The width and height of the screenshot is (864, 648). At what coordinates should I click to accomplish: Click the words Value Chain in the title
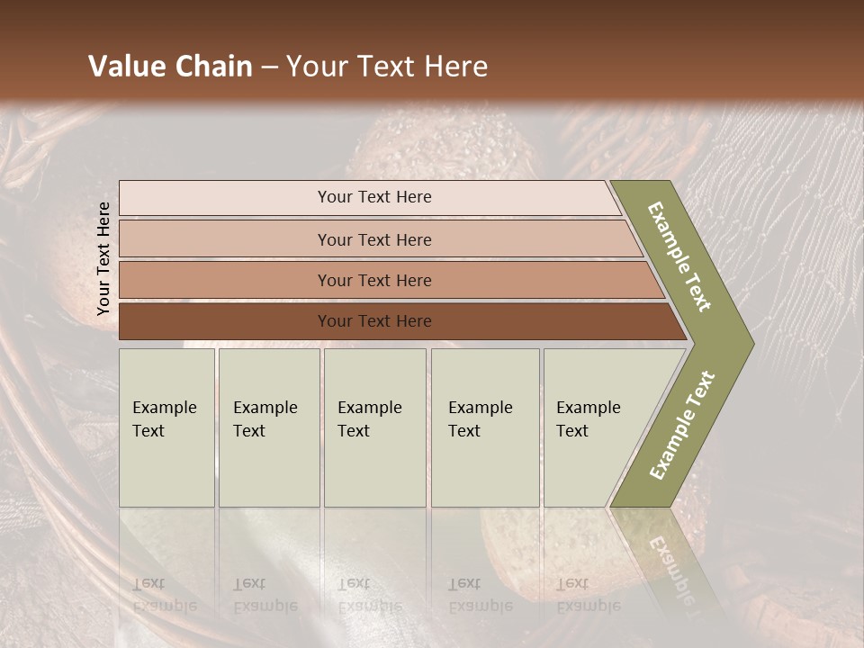(x=170, y=67)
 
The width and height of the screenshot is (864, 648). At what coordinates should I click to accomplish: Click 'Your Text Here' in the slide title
(x=387, y=67)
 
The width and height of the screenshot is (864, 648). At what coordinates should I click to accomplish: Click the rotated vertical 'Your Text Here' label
(x=103, y=259)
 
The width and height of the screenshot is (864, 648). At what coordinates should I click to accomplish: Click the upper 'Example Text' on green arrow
(x=680, y=256)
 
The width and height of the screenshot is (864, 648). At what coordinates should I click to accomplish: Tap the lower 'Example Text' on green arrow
(x=682, y=426)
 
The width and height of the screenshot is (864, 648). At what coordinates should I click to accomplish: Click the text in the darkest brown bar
(x=374, y=321)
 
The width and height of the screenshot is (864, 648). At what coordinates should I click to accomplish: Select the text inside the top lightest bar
(x=374, y=197)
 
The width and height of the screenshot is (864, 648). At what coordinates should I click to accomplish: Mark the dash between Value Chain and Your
(x=269, y=67)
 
